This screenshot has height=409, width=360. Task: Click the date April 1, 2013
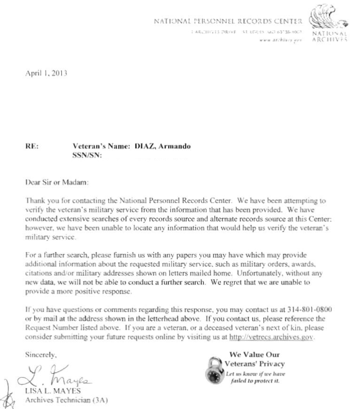pos(46,74)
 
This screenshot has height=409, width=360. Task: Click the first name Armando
pos(174,146)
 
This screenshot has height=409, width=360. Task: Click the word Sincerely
pos(41,356)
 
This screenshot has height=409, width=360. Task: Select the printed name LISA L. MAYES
pos(52,391)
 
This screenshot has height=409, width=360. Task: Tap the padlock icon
pos(215,370)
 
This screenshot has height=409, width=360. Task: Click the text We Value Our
pos(254,354)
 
